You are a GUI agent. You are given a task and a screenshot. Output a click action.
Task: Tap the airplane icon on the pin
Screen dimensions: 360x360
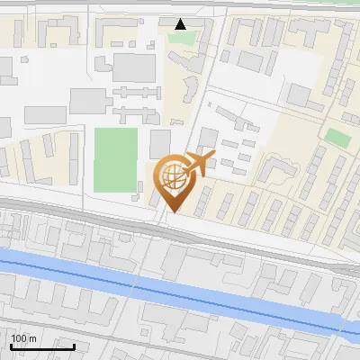(196, 165)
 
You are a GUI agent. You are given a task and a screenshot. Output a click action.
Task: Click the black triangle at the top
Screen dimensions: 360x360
(181, 24)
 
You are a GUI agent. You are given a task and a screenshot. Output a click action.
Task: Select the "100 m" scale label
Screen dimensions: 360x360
(23, 338)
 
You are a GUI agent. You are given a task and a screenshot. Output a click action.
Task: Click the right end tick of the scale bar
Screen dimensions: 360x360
(74, 345)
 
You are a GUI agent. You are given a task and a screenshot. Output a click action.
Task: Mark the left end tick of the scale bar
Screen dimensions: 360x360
(11, 345)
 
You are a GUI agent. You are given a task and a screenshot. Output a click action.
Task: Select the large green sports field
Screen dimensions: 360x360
(116, 160)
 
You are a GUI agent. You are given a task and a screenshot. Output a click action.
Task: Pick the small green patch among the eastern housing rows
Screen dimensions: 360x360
(337, 138)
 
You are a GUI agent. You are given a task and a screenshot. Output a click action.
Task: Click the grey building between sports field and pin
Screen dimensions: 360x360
(160, 144)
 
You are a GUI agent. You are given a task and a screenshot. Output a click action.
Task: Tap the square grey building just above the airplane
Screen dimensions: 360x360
(208, 137)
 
